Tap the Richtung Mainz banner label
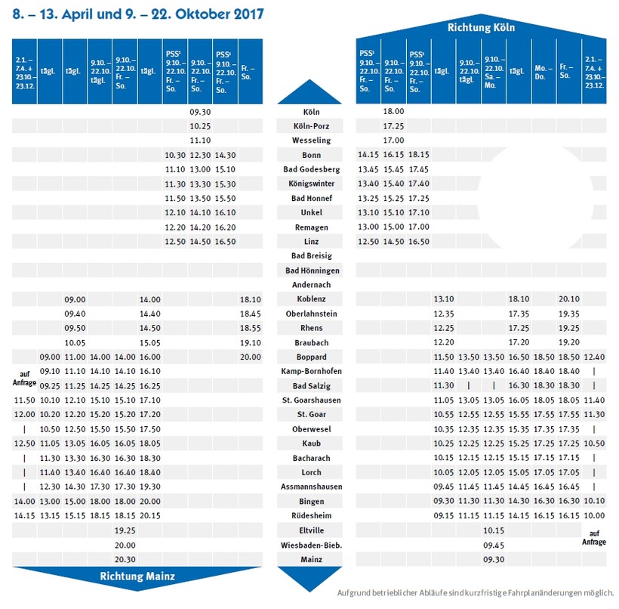click(x=137, y=577)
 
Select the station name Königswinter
click(x=311, y=184)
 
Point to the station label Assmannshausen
click(x=311, y=487)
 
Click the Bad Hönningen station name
click(x=311, y=270)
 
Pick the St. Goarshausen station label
click(x=311, y=400)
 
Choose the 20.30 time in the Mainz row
click(x=125, y=559)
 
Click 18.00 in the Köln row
click(x=394, y=111)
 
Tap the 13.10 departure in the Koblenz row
click(x=443, y=299)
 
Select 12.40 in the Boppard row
click(x=594, y=357)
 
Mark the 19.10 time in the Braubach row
click(x=250, y=342)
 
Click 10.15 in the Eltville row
click(x=493, y=530)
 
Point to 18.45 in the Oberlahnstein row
click(x=250, y=314)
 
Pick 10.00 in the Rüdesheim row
click(x=594, y=515)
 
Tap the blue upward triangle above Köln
click(x=310, y=92)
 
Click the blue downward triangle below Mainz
click(x=310, y=579)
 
